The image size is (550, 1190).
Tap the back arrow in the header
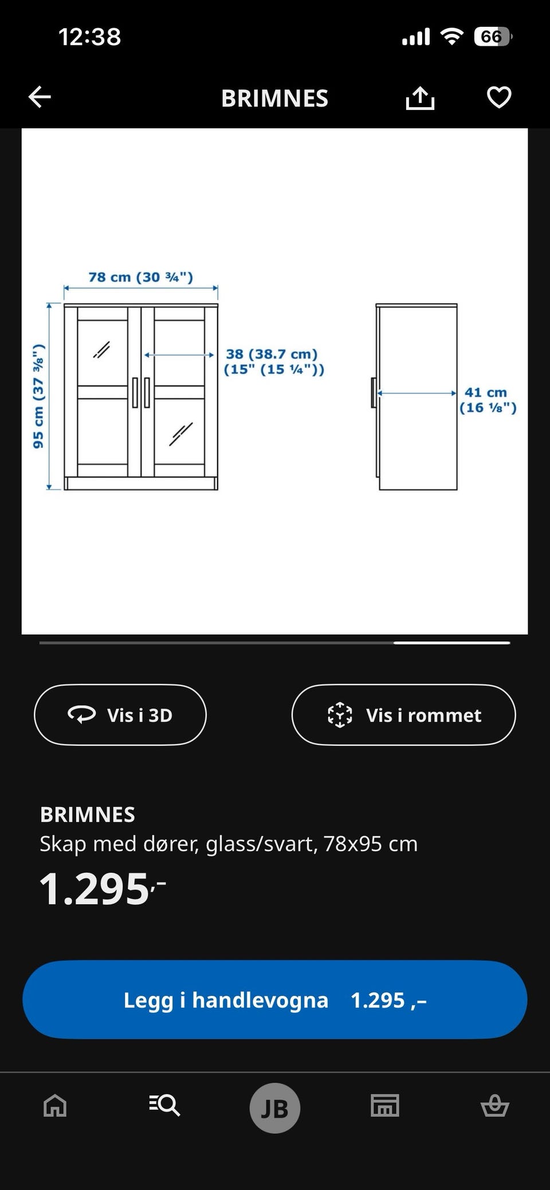pos(40,97)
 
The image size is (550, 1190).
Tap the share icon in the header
pos(420,98)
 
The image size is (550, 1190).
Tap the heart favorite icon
pos(499,97)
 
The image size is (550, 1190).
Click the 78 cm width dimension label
pos(140,277)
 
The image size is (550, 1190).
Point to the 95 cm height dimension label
pos(38,396)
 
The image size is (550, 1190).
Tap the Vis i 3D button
pos(120,715)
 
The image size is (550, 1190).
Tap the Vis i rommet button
pos(403,715)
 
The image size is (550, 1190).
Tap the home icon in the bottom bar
pos(55,1105)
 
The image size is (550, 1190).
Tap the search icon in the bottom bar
pos(165,1105)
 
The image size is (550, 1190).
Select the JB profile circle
pos(275,1108)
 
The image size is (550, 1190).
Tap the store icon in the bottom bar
pos(385,1105)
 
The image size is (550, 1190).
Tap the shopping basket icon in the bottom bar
pos(494,1105)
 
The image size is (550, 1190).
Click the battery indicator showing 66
pos(492,37)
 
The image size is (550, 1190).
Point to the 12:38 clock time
pos(90,37)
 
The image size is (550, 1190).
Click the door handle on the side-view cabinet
pos(374,393)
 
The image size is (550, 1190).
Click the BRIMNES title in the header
pos(275,98)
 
